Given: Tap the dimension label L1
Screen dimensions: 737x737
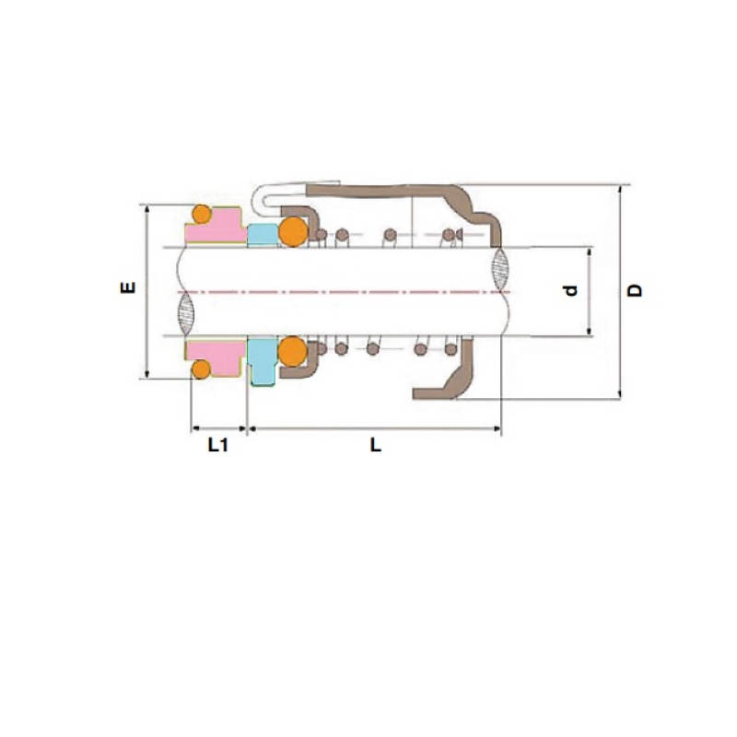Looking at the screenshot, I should tap(217, 446).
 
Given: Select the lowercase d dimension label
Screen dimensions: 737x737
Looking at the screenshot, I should tap(571, 290).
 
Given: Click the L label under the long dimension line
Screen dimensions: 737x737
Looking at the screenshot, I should tap(375, 446).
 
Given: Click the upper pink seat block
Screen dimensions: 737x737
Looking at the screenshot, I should tap(216, 229).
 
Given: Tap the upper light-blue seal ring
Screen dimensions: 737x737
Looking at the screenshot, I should tap(262, 234).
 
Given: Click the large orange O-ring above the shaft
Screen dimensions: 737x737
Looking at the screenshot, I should tap(293, 231).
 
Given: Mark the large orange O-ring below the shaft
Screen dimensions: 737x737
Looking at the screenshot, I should tap(293, 350).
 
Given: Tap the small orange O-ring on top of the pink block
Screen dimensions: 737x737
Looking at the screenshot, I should tap(201, 215).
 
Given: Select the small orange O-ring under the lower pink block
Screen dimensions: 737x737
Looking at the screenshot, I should tap(200, 369).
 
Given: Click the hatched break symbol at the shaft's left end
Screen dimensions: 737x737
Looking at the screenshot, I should tap(184, 313).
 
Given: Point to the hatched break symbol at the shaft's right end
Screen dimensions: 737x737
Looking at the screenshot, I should tap(500, 269).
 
